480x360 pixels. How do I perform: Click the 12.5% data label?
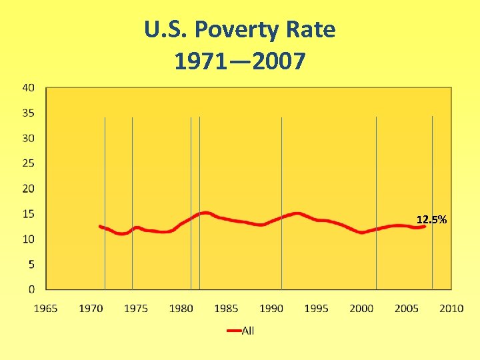[x=431, y=219]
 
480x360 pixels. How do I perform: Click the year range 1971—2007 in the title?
[x=239, y=61]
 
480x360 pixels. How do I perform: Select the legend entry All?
[x=248, y=331]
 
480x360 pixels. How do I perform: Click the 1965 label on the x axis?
[x=45, y=308]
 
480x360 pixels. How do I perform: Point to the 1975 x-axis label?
[x=136, y=308]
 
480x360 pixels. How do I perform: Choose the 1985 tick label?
[x=226, y=308]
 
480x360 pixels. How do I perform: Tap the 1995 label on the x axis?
[x=317, y=308]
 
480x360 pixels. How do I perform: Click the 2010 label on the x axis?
[x=452, y=308]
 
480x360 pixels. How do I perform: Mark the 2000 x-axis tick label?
[x=361, y=308]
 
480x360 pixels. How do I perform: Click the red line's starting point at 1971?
[x=100, y=226]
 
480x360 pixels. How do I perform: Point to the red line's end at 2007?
[x=425, y=226]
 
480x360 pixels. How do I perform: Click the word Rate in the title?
[x=312, y=30]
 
